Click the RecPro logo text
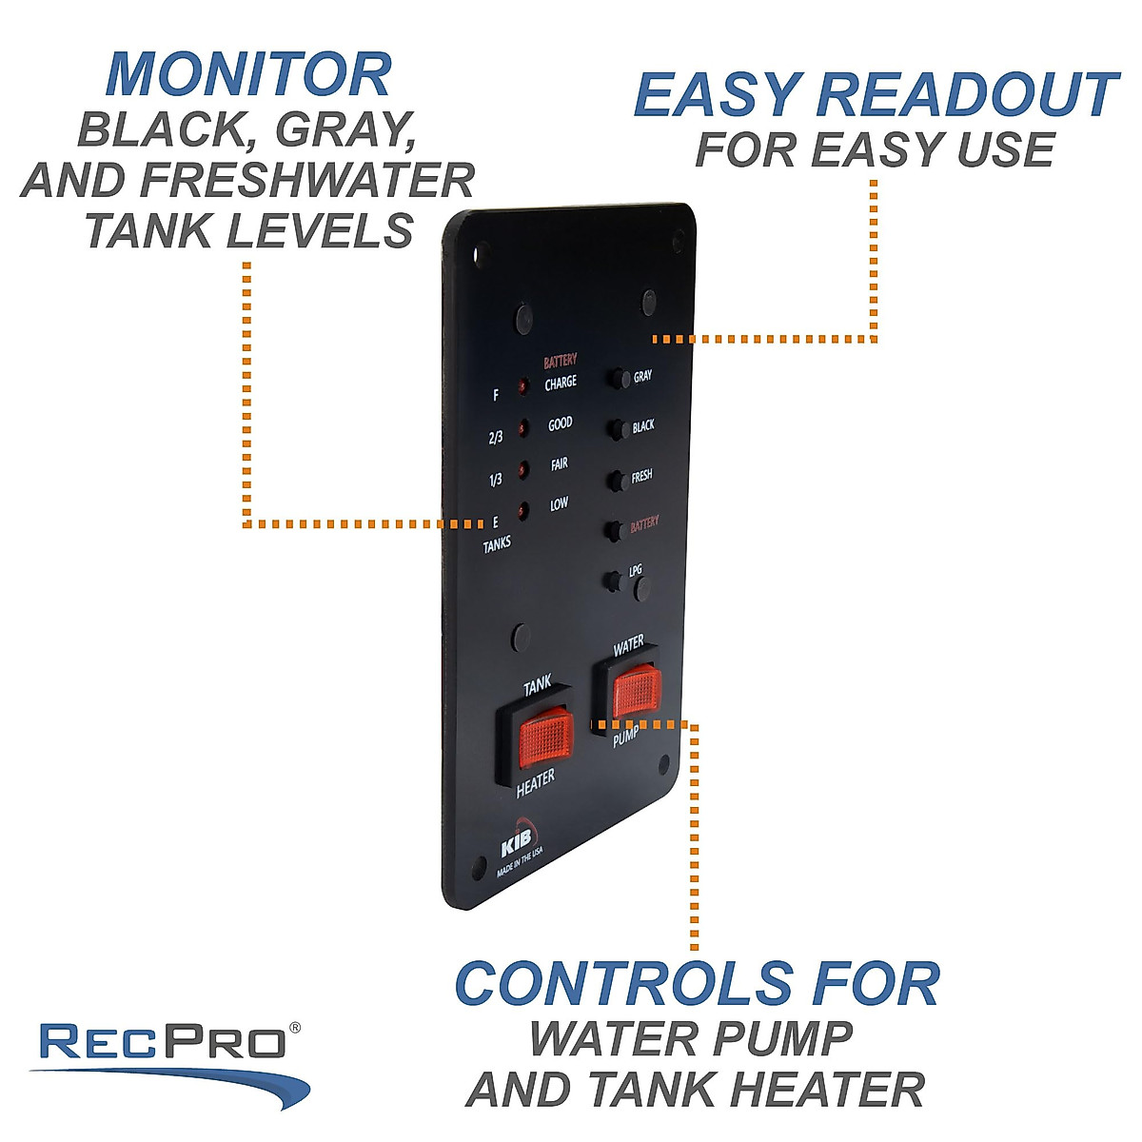click(163, 1042)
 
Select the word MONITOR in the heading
click(248, 75)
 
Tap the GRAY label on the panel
click(642, 377)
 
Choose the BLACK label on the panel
click(643, 426)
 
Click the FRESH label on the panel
click(641, 476)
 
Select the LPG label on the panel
click(635, 570)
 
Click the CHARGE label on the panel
click(561, 384)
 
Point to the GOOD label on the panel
click(561, 424)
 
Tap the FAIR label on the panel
click(560, 464)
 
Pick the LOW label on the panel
click(560, 504)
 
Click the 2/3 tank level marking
click(496, 438)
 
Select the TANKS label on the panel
click(497, 543)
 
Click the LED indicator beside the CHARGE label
click(522, 387)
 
